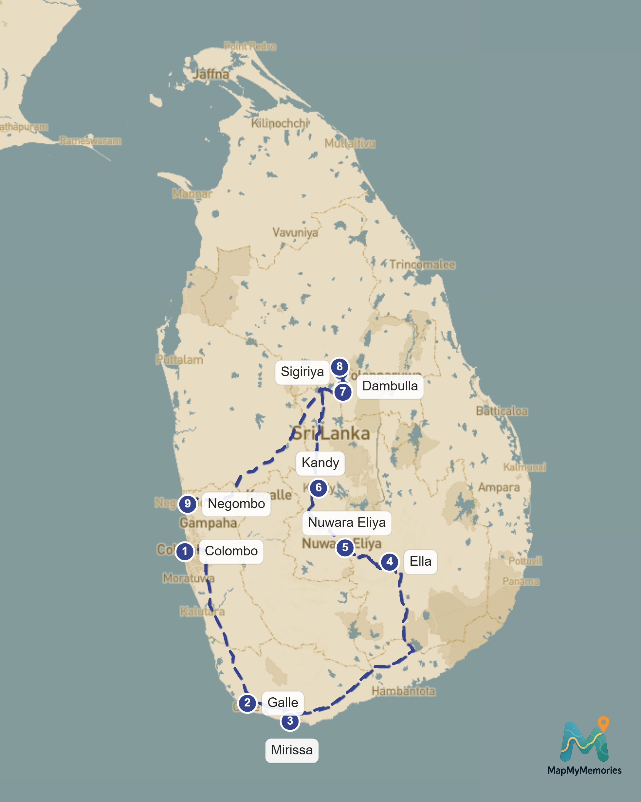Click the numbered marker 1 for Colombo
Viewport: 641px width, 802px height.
click(x=184, y=551)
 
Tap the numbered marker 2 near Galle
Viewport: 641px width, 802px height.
click(x=247, y=703)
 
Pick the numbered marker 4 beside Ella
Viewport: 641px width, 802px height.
click(x=390, y=561)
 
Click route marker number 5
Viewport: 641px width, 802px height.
click(x=345, y=547)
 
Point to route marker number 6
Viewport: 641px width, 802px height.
click(x=319, y=487)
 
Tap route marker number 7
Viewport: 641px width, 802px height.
click(x=342, y=392)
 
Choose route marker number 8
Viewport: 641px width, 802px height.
click(x=339, y=366)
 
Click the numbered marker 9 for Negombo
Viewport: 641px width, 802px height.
click(x=187, y=504)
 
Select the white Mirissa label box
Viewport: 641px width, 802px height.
click(x=292, y=750)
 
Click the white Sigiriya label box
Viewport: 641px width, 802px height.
click(x=302, y=372)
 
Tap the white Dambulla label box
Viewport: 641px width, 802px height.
click(x=390, y=386)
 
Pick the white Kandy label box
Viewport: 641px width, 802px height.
click(x=320, y=463)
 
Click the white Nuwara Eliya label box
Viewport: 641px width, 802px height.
click(x=347, y=523)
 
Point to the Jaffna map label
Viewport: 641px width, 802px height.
click(x=211, y=74)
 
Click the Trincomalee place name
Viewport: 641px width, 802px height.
click(x=422, y=265)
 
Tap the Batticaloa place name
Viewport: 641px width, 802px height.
click(x=502, y=411)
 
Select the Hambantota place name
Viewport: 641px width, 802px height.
click(x=403, y=691)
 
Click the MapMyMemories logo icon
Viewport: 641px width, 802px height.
click(x=584, y=740)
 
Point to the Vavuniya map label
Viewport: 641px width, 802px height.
click(x=295, y=232)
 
